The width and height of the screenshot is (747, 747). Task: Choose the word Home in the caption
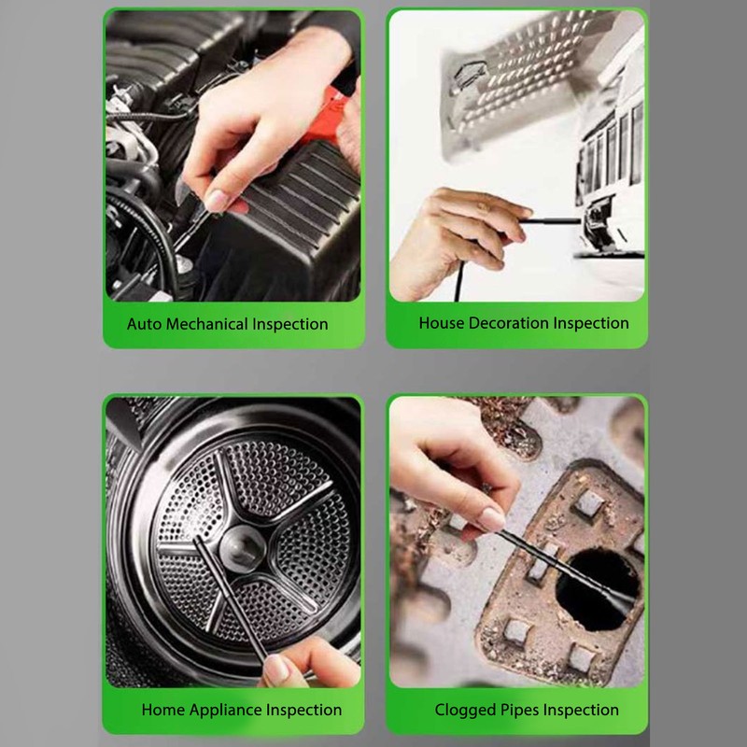pyautogui.click(x=162, y=711)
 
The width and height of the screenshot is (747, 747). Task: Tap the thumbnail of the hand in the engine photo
pyautogui.click(x=217, y=199)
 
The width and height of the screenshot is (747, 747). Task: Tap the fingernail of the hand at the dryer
pyautogui.click(x=277, y=668)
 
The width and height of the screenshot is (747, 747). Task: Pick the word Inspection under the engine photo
pyautogui.click(x=289, y=325)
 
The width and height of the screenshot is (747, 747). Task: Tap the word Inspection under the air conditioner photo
pyautogui.click(x=591, y=324)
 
